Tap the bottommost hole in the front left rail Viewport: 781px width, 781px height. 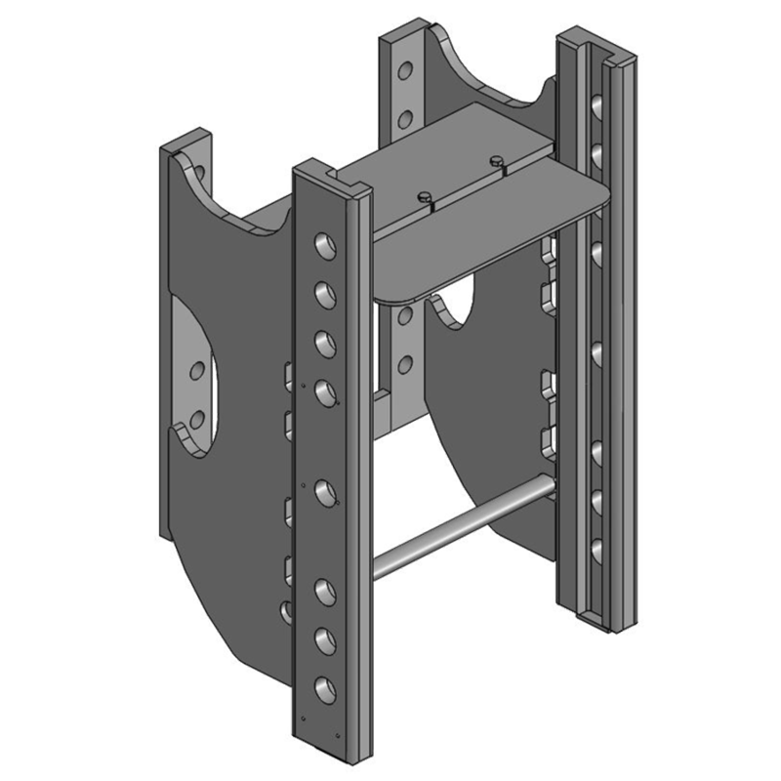point(321,684)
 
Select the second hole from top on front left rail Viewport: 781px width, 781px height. point(319,291)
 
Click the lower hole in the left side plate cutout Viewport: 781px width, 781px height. point(196,420)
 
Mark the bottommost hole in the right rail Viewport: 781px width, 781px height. point(594,549)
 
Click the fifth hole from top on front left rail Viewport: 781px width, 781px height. point(322,487)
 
